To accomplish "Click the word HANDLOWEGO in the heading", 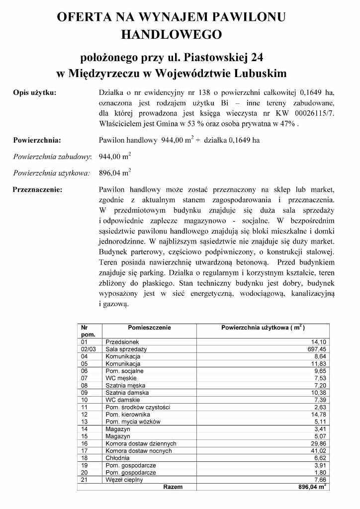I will point(171,35).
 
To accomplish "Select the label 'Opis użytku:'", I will point(34,92).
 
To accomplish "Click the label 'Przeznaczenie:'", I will point(38,189).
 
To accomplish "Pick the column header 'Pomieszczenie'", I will point(149,328).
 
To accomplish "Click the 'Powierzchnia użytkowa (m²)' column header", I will point(263,328).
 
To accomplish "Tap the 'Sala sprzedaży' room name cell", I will point(126,349).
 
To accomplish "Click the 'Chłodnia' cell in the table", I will point(118,458).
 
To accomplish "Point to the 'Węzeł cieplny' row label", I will point(124,480).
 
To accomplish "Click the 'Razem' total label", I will point(173,487).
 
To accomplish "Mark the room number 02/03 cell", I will point(89,349).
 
